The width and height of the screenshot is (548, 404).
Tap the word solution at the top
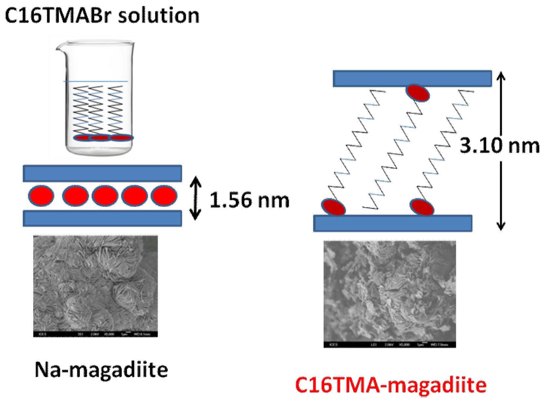click(159, 15)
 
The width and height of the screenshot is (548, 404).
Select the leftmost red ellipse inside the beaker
click(82, 138)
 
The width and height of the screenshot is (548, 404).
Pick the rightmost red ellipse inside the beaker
click(121, 138)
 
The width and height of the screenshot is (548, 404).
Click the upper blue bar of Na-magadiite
click(102, 173)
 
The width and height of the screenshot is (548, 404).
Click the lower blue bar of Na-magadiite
click(102, 218)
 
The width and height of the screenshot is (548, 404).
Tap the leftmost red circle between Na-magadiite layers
click(41, 196)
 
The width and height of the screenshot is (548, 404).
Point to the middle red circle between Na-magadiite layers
click(105, 196)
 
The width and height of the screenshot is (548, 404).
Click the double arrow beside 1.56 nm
click(196, 198)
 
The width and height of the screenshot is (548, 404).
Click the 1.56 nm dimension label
click(249, 200)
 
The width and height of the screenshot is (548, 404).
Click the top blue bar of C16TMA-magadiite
click(412, 79)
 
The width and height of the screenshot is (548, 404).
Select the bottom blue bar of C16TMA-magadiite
click(393, 223)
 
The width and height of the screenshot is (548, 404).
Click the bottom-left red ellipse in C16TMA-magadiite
click(333, 207)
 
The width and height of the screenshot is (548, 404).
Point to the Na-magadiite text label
click(101, 369)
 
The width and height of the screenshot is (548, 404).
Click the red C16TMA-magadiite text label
click(391, 385)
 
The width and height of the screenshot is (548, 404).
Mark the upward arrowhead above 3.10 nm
click(501, 76)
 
